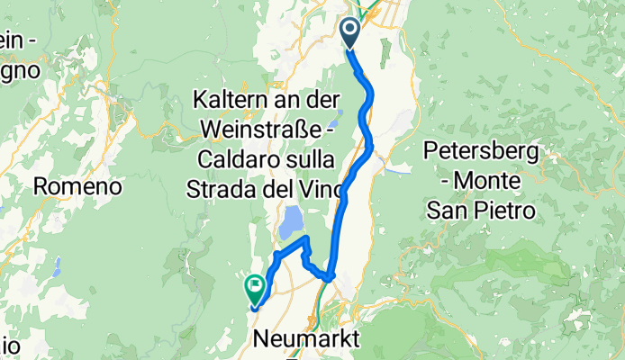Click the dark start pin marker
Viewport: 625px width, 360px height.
[349, 33]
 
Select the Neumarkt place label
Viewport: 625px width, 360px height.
[304, 339]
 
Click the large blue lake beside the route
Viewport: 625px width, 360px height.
[293, 222]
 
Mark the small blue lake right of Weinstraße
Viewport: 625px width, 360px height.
[334, 119]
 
